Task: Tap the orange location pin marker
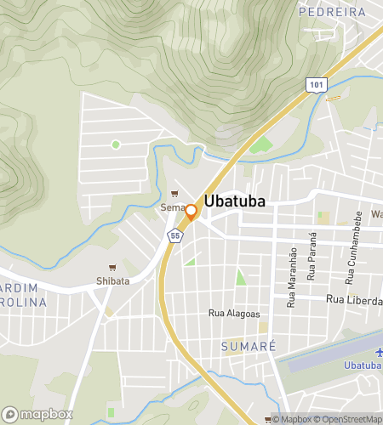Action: [191, 212]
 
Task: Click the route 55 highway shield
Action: [175, 235]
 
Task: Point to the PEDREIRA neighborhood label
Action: [332, 12]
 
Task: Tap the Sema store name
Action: [171, 207]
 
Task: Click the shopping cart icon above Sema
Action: [175, 193]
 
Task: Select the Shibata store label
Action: [112, 281]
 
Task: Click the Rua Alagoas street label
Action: [234, 314]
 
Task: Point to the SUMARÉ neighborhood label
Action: [249, 347]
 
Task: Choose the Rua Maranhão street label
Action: [292, 277]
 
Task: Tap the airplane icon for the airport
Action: [378, 352]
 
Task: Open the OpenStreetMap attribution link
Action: [349, 419]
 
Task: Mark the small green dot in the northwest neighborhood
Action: [116, 144]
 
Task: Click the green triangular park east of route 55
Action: [240, 277]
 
